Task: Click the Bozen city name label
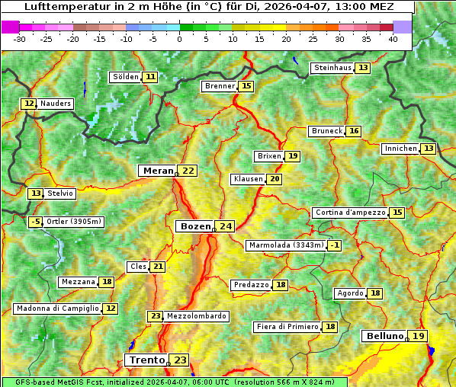pos(194,226)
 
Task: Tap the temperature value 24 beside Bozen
pos(225,226)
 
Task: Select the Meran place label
pos(156,171)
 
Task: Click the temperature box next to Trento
pos(180,360)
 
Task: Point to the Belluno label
pos(384,336)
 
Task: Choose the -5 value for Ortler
pos(35,222)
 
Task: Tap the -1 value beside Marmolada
pos(335,245)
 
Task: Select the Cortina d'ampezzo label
pos(349,213)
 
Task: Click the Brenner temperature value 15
pos(246,86)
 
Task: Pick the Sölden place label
pos(126,77)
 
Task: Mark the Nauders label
pos(56,104)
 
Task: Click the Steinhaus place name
pos(332,68)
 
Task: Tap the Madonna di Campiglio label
pos(57,309)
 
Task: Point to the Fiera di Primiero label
pos(287,327)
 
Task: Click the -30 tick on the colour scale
pos(20,38)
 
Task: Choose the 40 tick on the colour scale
pos(393,38)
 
